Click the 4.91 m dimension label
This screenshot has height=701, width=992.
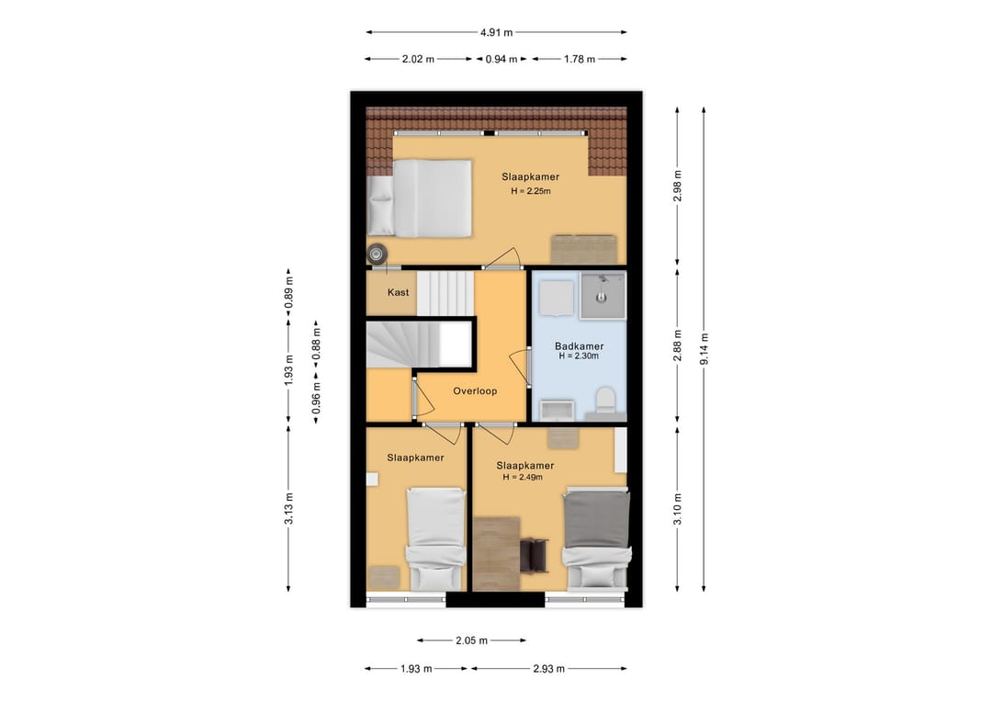[x=496, y=32]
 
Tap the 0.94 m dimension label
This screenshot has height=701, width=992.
[x=502, y=60]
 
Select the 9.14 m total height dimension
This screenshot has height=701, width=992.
[x=705, y=348]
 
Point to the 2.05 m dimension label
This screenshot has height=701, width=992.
[x=471, y=641]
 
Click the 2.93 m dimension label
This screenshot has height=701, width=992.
[x=548, y=669]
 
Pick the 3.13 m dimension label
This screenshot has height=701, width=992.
[x=288, y=509]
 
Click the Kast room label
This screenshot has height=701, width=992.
[x=398, y=292]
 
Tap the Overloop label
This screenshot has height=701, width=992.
[x=475, y=391]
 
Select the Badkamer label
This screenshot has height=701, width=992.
[x=579, y=346]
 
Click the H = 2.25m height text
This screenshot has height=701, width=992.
[x=531, y=191]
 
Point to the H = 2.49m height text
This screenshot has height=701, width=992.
[x=523, y=477]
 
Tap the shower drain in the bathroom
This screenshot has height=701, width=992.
[x=600, y=297]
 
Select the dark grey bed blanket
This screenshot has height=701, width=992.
[x=597, y=520]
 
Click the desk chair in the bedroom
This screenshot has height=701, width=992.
[x=534, y=555]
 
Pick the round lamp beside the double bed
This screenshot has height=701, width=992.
[x=377, y=254]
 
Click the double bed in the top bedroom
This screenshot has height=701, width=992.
[x=420, y=198]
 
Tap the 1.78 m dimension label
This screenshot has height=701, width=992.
[x=579, y=60]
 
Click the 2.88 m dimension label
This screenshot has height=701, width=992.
[x=678, y=345]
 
